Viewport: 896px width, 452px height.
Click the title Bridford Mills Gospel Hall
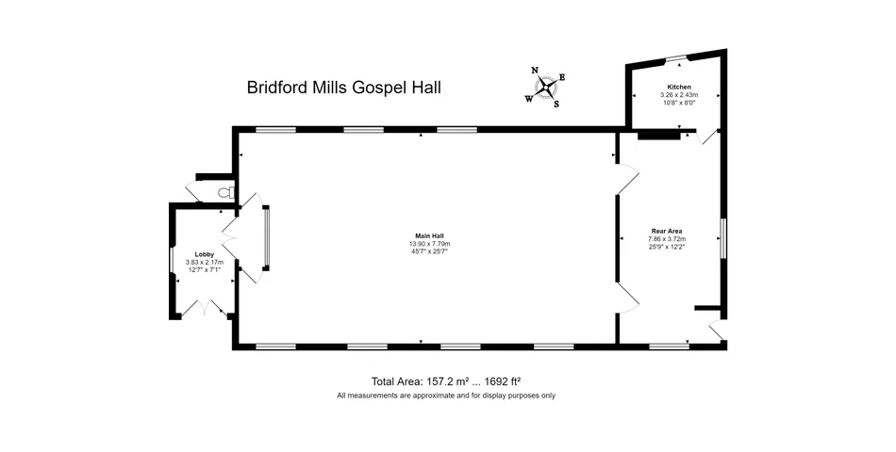pos(344,88)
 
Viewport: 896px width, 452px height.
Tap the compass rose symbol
pos(546,88)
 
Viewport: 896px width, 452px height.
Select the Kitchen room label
pos(679,88)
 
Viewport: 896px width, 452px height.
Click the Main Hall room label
pos(430,235)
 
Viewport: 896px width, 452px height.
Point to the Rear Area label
pos(667,231)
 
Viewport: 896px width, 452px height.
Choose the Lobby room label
pos(205,254)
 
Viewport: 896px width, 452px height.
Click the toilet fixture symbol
pos(227,192)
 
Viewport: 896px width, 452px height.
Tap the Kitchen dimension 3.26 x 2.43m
pos(679,95)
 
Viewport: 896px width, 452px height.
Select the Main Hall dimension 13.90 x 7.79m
pos(430,244)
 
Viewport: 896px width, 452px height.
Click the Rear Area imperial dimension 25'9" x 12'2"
pos(667,247)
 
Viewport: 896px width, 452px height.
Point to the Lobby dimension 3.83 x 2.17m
pos(205,262)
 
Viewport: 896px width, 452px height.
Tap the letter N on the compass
pos(535,71)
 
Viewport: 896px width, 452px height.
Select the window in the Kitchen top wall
pos(676,57)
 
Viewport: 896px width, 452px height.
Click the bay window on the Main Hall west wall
pos(266,237)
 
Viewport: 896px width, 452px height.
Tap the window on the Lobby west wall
pos(172,261)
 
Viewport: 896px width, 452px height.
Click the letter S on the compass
pos(556,105)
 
